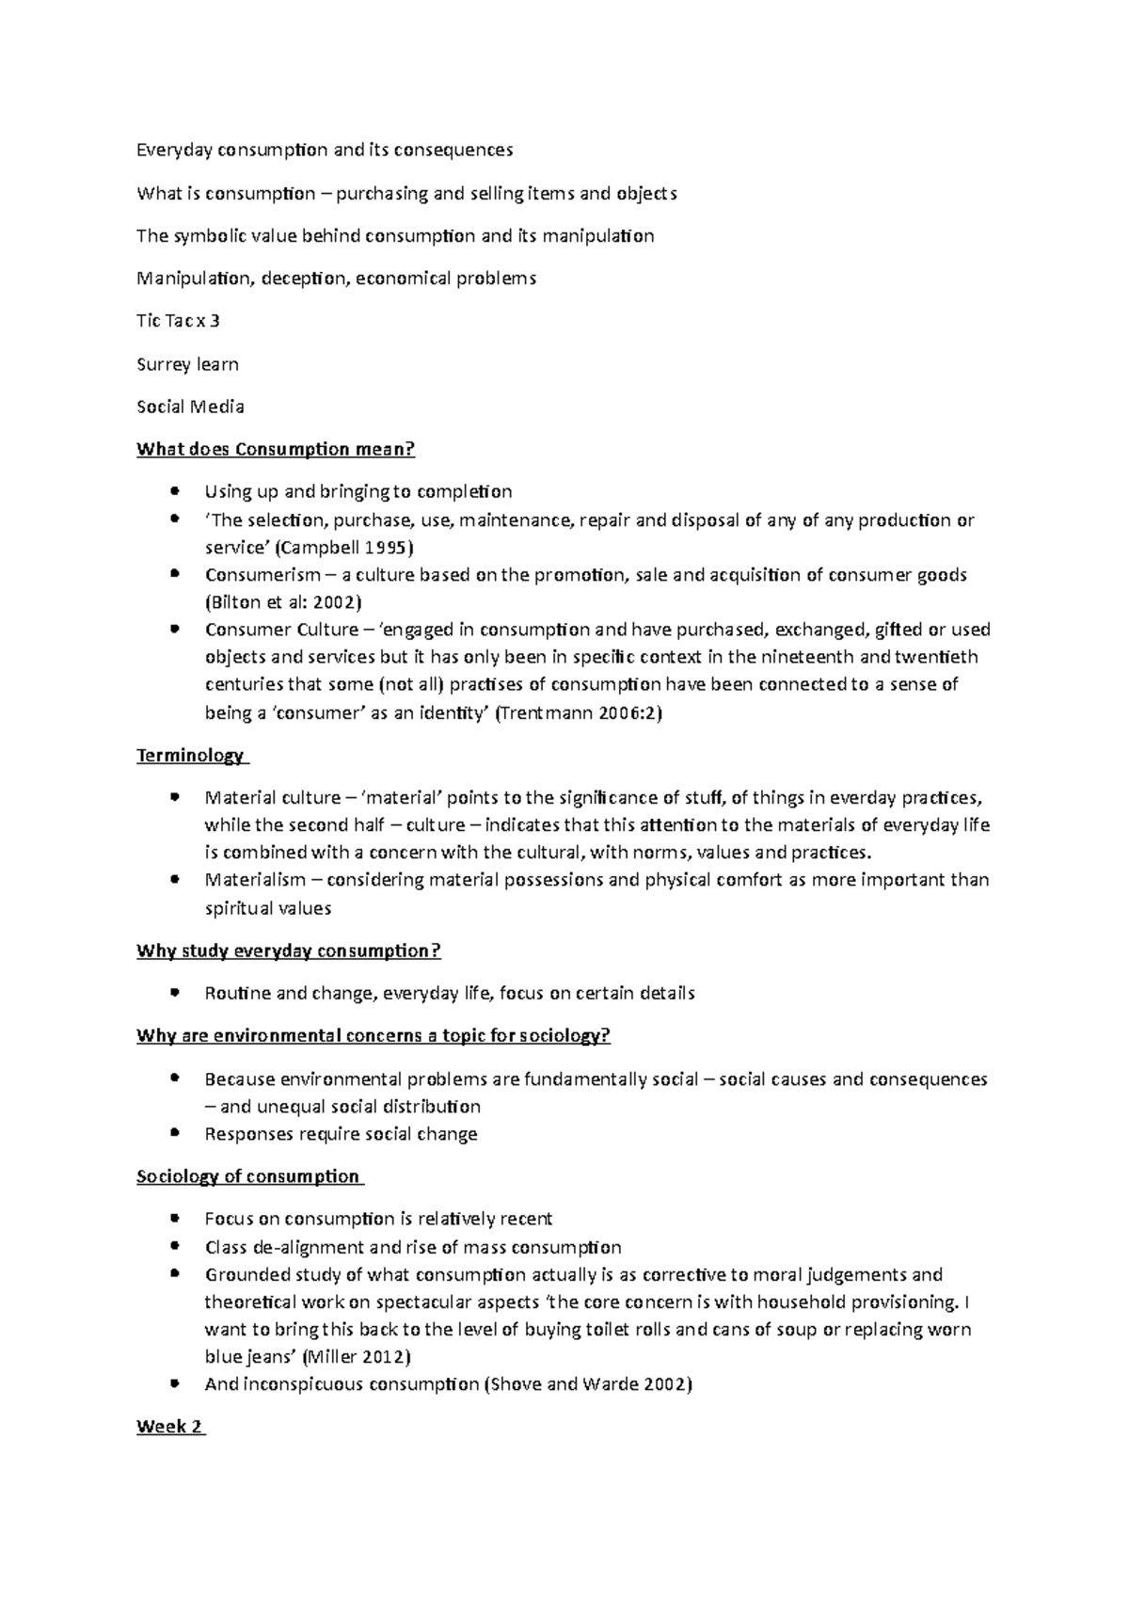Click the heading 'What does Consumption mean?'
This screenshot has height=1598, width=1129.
pos(275,449)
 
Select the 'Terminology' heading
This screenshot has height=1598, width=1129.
pos(190,756)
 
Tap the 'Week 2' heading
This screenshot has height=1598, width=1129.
pos(169,1427)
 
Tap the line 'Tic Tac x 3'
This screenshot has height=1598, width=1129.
pos(178,321)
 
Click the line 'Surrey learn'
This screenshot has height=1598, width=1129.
pos(187,364)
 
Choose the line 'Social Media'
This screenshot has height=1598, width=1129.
pos(190,407)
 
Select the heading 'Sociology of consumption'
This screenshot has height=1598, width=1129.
pos(247,1176)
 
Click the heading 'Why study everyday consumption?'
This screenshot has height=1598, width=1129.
pos(288,951)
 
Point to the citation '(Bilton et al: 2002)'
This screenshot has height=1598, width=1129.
pos(283,602)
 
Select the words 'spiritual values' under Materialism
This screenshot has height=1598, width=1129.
pos(268,908)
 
